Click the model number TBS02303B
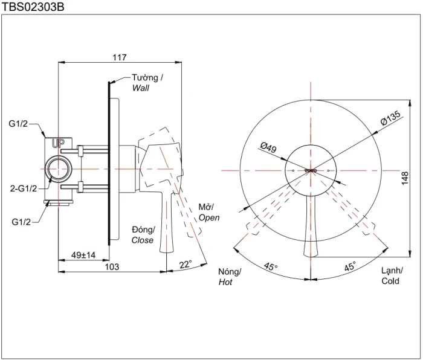(x=33, y=7)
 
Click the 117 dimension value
(x=119, y=57)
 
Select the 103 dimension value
(x=112, y=267)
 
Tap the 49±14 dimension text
(x=83, y=255)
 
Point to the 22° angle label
(x=186, y=265)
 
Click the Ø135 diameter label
(x=390, y=118)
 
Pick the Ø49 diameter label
(x=268, y=147)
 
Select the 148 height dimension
(x=405, y=178)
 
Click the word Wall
(x=141, y=88)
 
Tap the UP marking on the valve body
(x=58, y=144)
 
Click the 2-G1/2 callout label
(x=24, y=188)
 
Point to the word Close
(x=143, y=240)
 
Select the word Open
(x=209, y=218)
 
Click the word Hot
(x=225, y=282)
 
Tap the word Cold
(x=390, y=281)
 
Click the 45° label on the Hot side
(x=271, y=267)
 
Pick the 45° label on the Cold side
(x=350, y=266)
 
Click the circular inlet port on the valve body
(x=59, y=169)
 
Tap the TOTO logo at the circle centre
(x=311, y=171)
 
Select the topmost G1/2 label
(x=18, y=124)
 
